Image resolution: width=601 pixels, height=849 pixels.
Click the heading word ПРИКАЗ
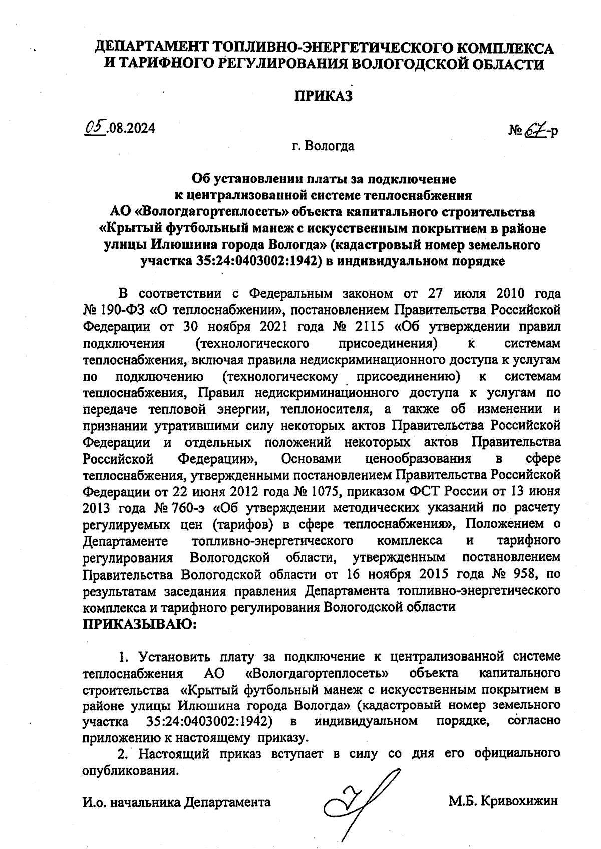[x=323, y=96]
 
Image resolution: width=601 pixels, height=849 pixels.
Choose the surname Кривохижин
[x=519, y=801]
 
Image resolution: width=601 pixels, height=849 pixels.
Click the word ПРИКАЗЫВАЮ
[x=139, y=624]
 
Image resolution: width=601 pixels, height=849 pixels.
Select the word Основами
[x=311, y=458]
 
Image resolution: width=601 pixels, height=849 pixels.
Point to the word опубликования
[x=130, y=770]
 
